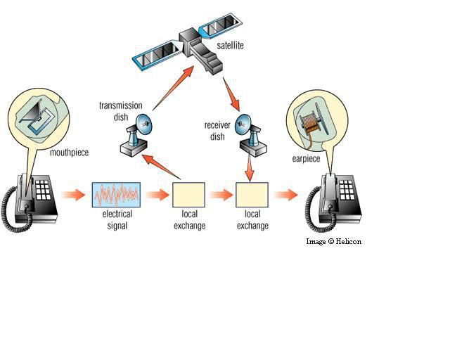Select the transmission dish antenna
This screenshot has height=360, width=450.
click(x=138, y=134)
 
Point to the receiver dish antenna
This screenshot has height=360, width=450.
click(x=250, y=134)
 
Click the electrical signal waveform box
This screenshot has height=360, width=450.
click(x=117, y=194)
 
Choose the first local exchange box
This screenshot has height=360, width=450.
click(x=189, y=194)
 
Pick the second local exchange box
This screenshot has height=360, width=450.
click(x=252, y=194)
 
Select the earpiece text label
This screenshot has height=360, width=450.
click(x=306, y=159)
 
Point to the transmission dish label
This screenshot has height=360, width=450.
click(x=117, y=111)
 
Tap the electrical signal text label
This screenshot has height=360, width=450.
click(x=117, y=221)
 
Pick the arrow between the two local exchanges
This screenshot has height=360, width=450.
click(x=221, y=195)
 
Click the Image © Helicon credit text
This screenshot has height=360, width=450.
click(x=333, y=241)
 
